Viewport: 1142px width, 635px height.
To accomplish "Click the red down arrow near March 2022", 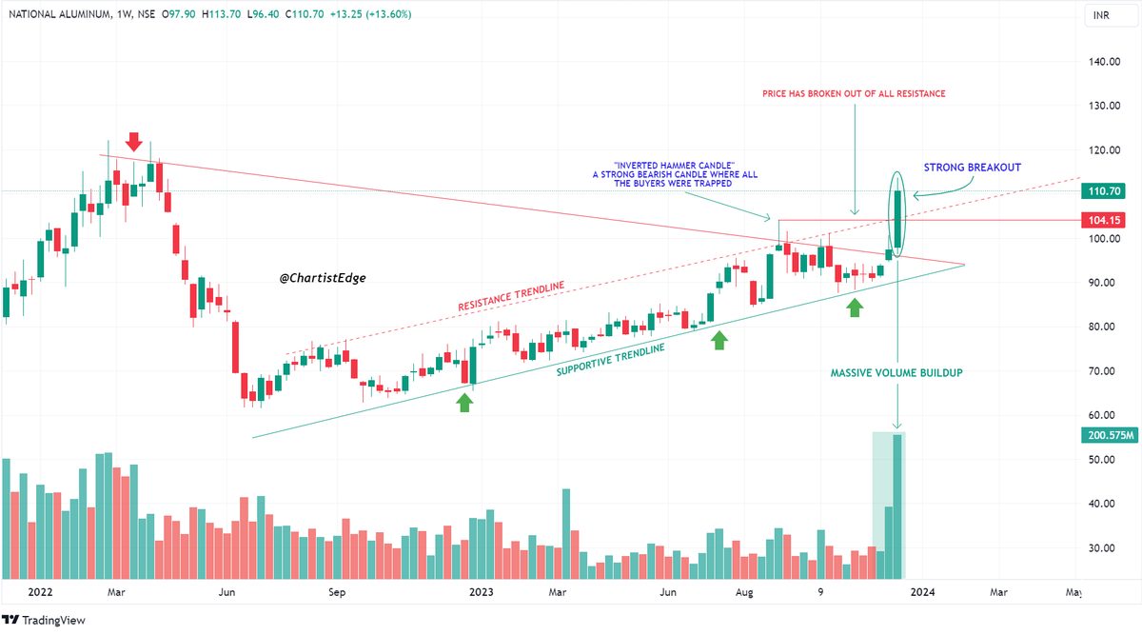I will (133, 142).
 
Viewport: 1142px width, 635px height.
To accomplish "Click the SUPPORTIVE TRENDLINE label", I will (610, 359).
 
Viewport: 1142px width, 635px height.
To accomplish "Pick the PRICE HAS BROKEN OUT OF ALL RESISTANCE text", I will (854, 93).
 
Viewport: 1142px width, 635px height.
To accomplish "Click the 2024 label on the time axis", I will (921, 591).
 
